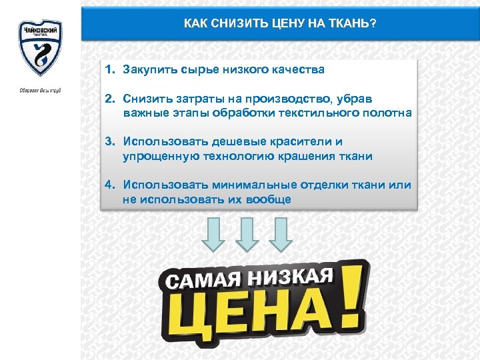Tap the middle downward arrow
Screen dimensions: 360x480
[x=247, y=235]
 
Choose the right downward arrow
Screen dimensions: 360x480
[x=280, y=235]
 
